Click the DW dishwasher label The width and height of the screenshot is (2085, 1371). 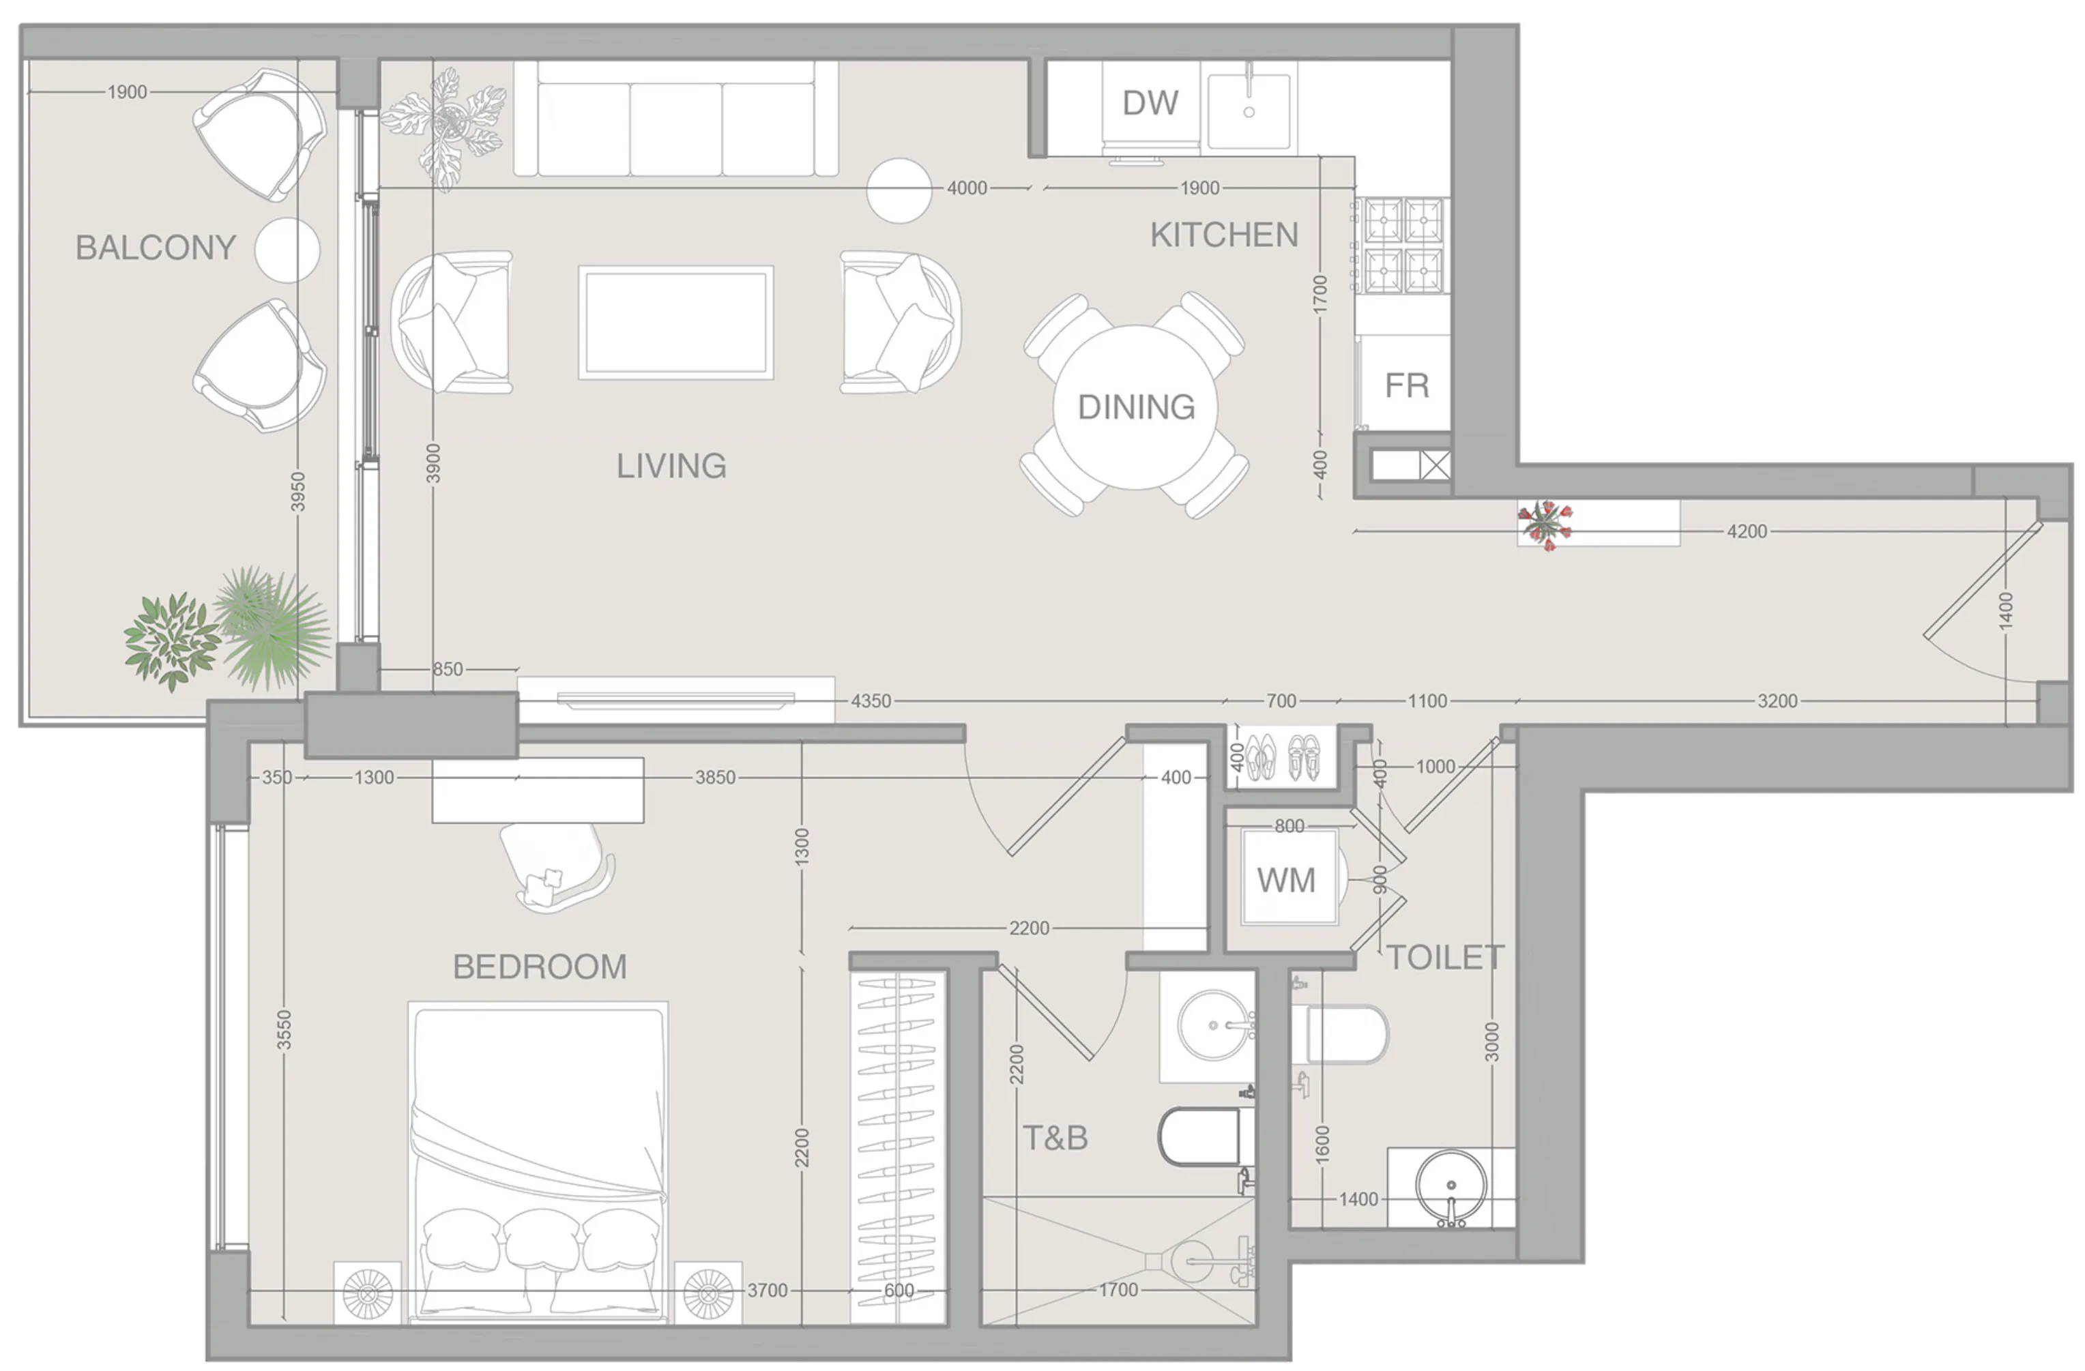(1150, 104)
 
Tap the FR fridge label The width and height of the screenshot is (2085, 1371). (1406, 385)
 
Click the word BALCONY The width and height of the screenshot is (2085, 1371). (155, 248)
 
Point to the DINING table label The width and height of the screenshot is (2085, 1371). (1135, 407)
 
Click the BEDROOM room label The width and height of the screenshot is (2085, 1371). (540, 967)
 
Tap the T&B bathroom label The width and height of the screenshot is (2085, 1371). (1055, 1138)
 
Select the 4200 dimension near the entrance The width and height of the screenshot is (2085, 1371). (1746, 531)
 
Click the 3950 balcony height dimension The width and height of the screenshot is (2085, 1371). (298, 492)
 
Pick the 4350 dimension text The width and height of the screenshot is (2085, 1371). (871, 701)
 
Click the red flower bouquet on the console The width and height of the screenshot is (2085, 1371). (1546, 524)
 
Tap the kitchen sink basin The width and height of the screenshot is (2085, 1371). (1249, 110)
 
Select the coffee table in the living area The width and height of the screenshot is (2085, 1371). (675, 323)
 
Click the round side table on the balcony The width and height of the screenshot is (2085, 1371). (287, 250)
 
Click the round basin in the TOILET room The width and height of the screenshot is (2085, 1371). (1450, 1186)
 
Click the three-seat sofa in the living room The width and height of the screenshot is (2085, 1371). (675, 120)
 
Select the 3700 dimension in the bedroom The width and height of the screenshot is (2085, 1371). (767, 1291)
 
